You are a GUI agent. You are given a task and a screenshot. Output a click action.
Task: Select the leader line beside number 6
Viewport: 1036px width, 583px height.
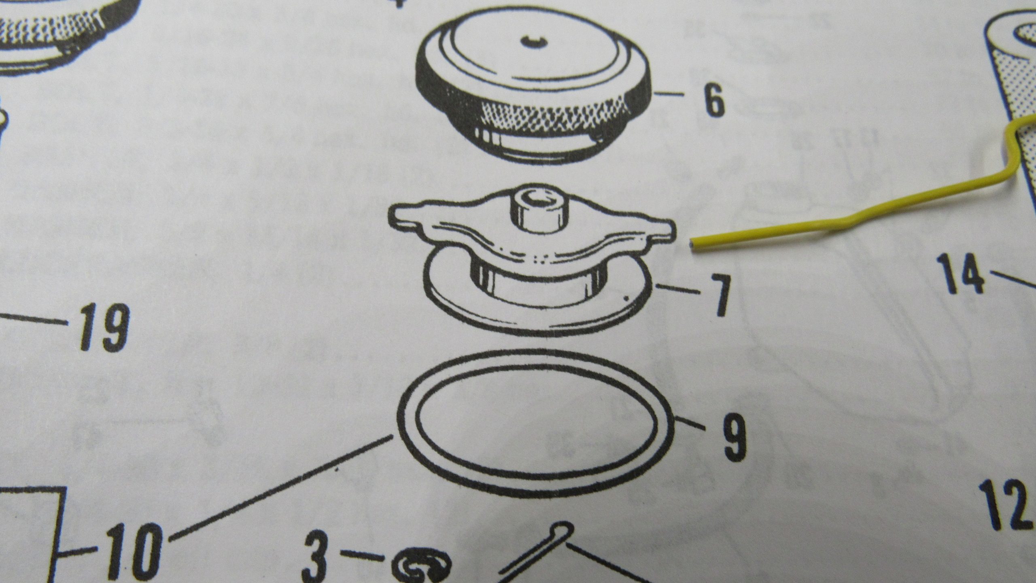[668, 95]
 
